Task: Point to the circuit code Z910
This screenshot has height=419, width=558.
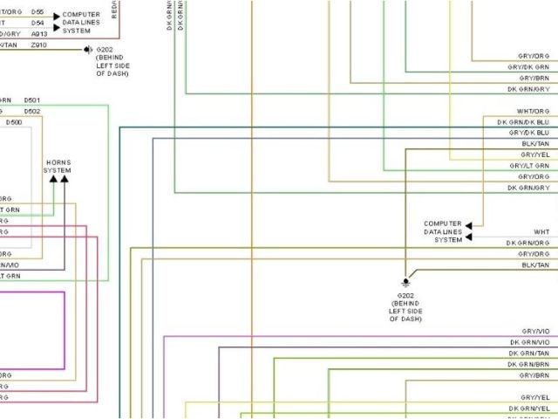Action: pos(39,45)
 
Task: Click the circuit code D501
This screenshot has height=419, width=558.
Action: pos(31,101)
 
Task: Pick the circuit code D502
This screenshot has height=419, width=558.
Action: pos(31,112)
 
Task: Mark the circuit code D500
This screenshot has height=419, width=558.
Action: pos(14,122)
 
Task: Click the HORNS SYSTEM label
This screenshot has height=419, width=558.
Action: pos(58,166)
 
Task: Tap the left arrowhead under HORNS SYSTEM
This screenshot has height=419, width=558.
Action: pos(53,178)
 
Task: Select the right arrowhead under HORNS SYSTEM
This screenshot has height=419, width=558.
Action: pos(64,178)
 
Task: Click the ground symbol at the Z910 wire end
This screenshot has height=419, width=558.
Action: pos(88,50)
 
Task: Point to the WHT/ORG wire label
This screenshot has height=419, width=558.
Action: pos(533,112)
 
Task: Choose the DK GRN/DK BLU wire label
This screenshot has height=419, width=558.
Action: pos(523,122)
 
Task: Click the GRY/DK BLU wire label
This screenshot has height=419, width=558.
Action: pos(529,133)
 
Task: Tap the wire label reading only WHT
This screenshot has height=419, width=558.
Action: pos(541,231)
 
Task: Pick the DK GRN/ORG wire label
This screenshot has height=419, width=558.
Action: pos(528,242)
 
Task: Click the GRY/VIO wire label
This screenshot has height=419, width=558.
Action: pos(535,332)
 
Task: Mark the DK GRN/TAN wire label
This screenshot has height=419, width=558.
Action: pos(529,353)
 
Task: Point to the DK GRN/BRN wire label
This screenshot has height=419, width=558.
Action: pos(529,364)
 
